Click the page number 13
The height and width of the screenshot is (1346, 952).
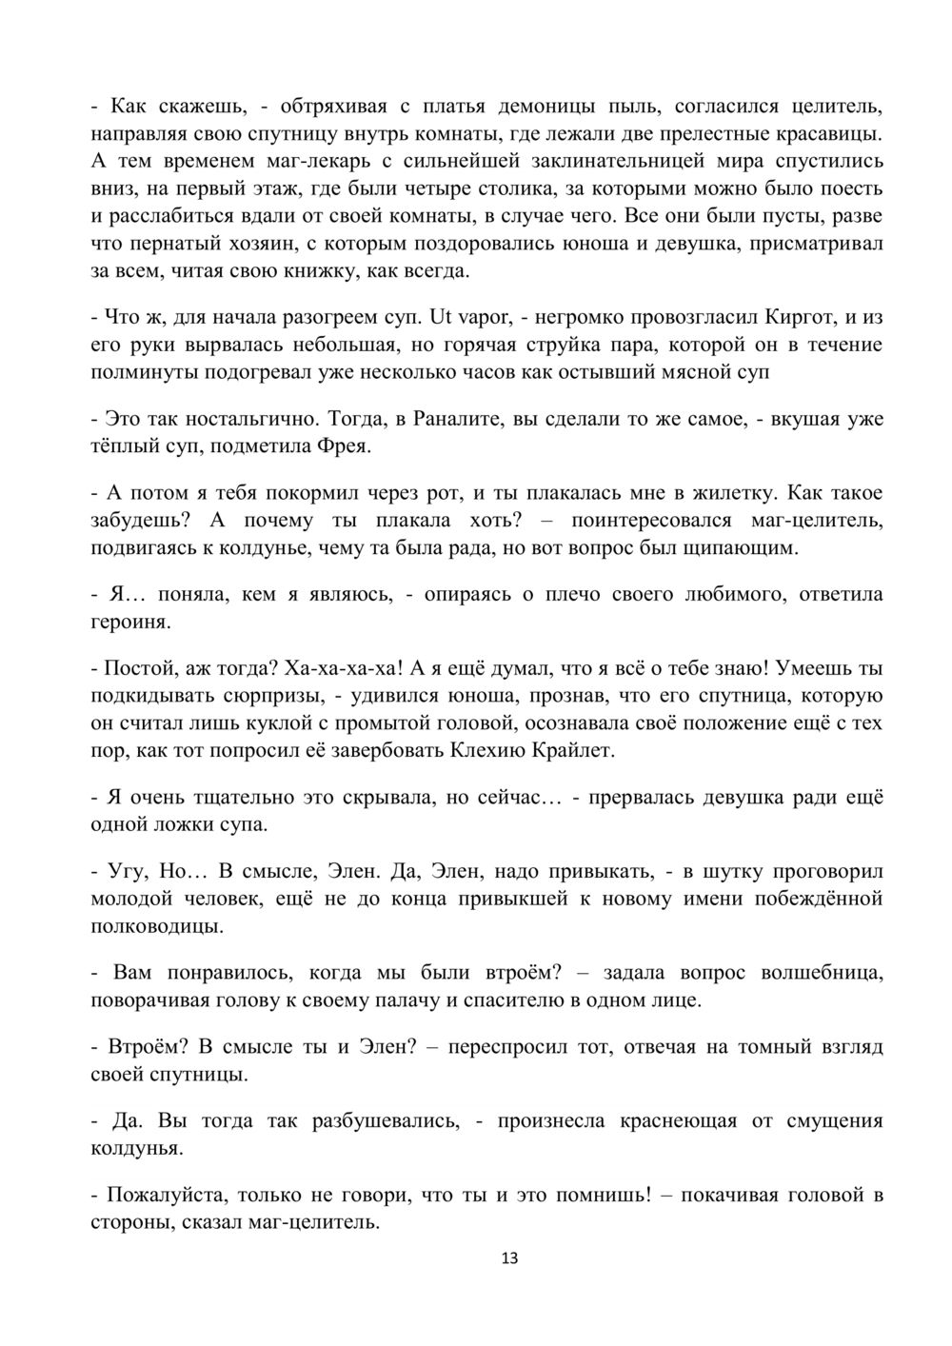point(508,1258)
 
